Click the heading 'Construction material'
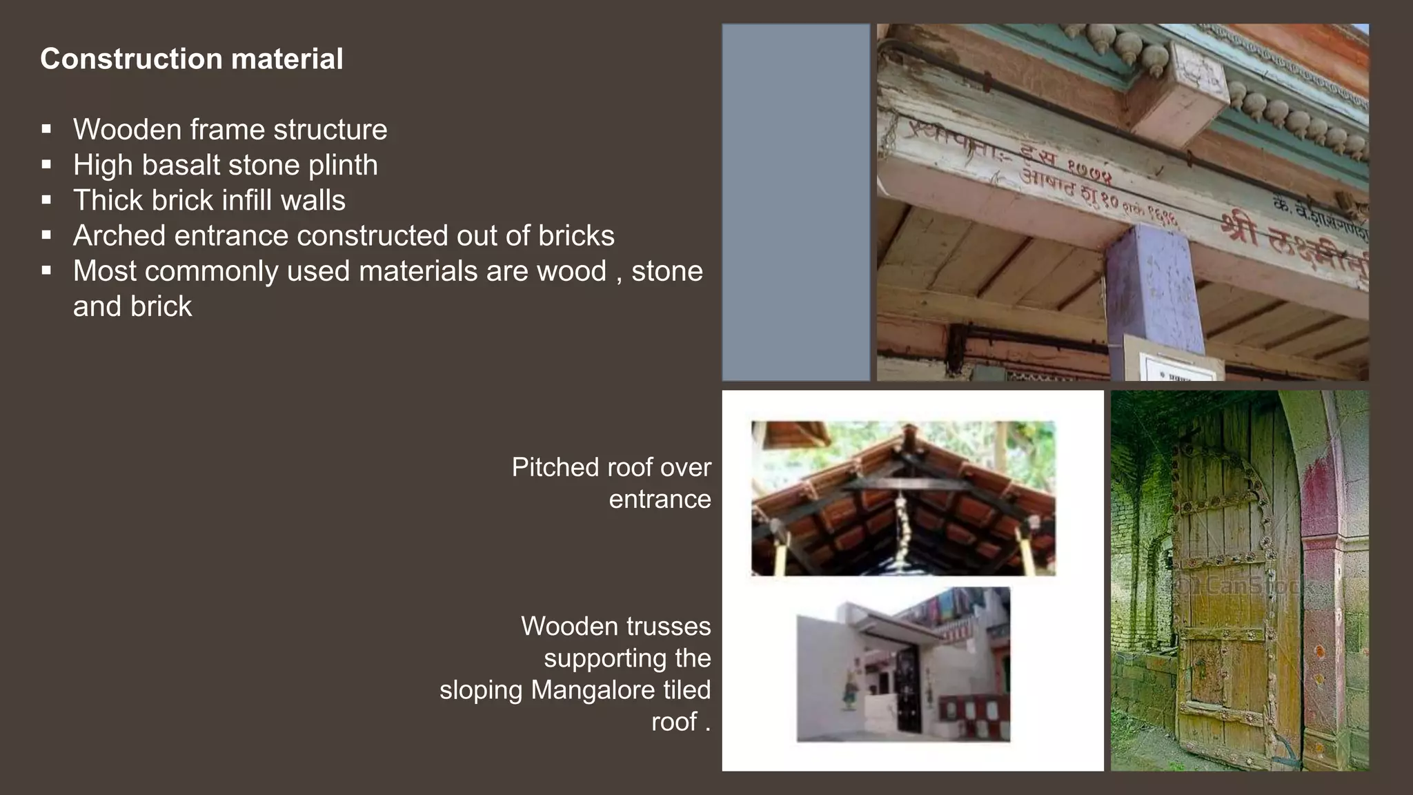coord(191,59)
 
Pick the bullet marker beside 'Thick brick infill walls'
coord(46,200)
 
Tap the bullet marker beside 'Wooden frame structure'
coord(46,129)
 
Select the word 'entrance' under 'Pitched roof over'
coord(660,499)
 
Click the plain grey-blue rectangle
coord(796,202)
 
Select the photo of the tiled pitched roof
coord(903,498)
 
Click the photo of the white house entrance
coord(903,665)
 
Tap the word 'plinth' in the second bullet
coord(343,165)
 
